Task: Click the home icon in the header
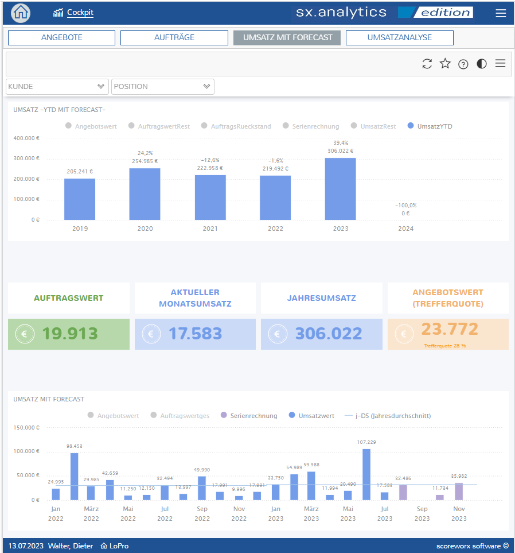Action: point(21,13)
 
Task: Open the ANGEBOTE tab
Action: point(61,38)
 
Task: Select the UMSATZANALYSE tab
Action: point(400,38)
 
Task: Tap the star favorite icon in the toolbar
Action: point(445,64)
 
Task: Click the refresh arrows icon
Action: point(427,64)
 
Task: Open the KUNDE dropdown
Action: point(57,87)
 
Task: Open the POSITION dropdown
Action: point(163,87)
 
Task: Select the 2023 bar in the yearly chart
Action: point(340,189)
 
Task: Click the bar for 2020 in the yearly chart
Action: point(145,194)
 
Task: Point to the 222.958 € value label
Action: point(210,168)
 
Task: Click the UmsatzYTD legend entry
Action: point(430,126)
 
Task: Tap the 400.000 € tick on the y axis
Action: point(26,138)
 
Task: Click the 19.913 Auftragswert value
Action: point(70,334)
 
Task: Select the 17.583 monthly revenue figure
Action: point(196,334)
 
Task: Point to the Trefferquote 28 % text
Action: point(445,346)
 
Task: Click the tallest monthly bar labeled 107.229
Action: point(366,475)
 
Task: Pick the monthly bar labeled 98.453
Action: point(75,477)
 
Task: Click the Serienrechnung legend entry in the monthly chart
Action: point(249,416)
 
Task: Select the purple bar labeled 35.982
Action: point(459,492)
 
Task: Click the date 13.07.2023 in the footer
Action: point(26,546)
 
